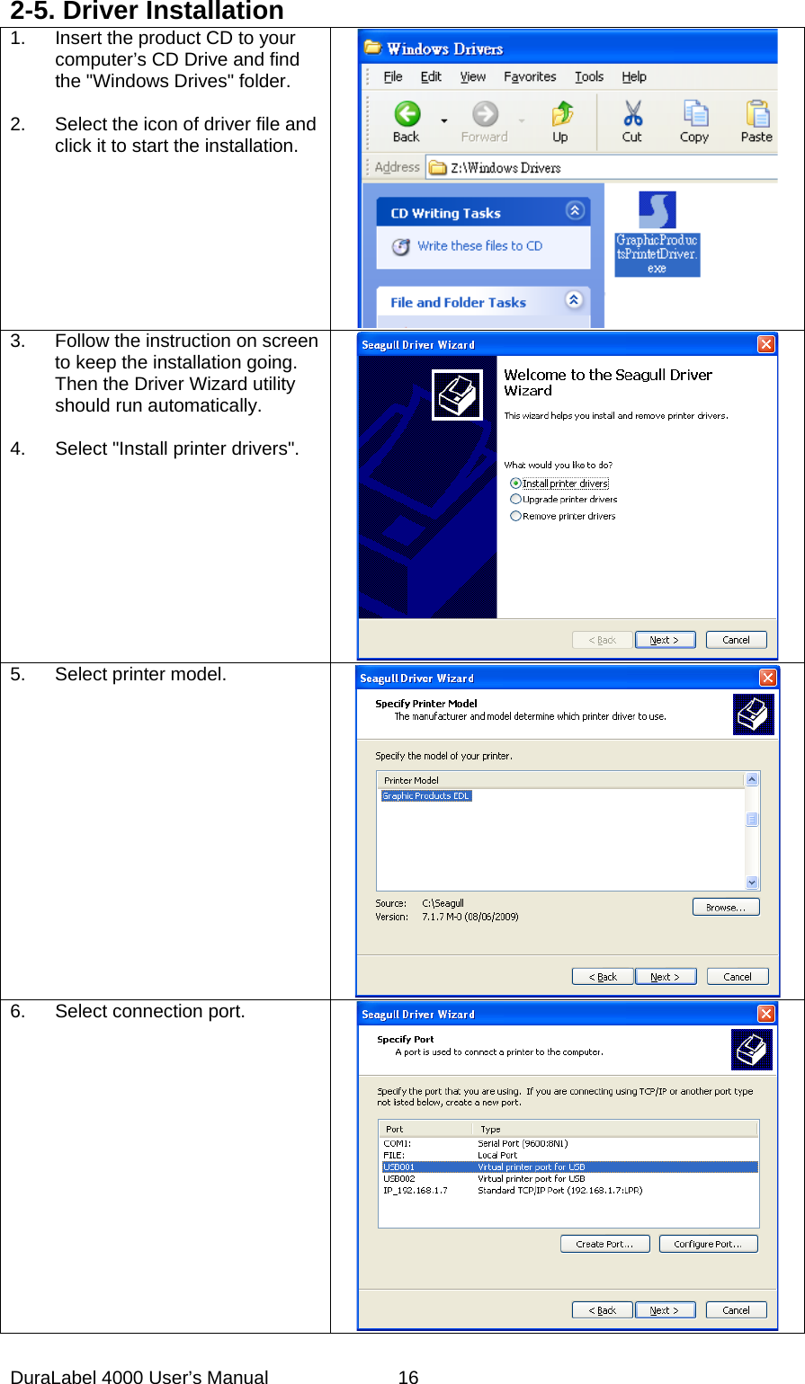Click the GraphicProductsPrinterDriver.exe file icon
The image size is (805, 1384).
point(657,211)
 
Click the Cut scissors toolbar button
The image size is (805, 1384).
point(632,121)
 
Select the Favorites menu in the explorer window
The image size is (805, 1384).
point(529,76)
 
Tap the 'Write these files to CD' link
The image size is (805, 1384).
point(479,245)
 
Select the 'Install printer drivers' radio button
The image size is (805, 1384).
point(516,484)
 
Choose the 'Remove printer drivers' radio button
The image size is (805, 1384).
point(516,516)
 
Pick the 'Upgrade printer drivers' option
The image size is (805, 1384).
point(516,499)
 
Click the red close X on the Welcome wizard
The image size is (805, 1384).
point(765,344)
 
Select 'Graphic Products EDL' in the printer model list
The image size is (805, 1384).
point(426,795)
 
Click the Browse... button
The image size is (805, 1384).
point(725,907)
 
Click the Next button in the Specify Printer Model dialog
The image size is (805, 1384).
point(665,976)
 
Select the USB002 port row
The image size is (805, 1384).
point(399,1178)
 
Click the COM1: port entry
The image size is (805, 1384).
point(397,1144)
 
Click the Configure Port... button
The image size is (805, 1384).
point(708,1244)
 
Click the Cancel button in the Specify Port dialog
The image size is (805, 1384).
point(736,1309)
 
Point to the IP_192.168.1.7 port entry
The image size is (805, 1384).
point(415,1190)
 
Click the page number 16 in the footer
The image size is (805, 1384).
point(408,1376)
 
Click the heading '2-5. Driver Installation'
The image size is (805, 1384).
point(148,12)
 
